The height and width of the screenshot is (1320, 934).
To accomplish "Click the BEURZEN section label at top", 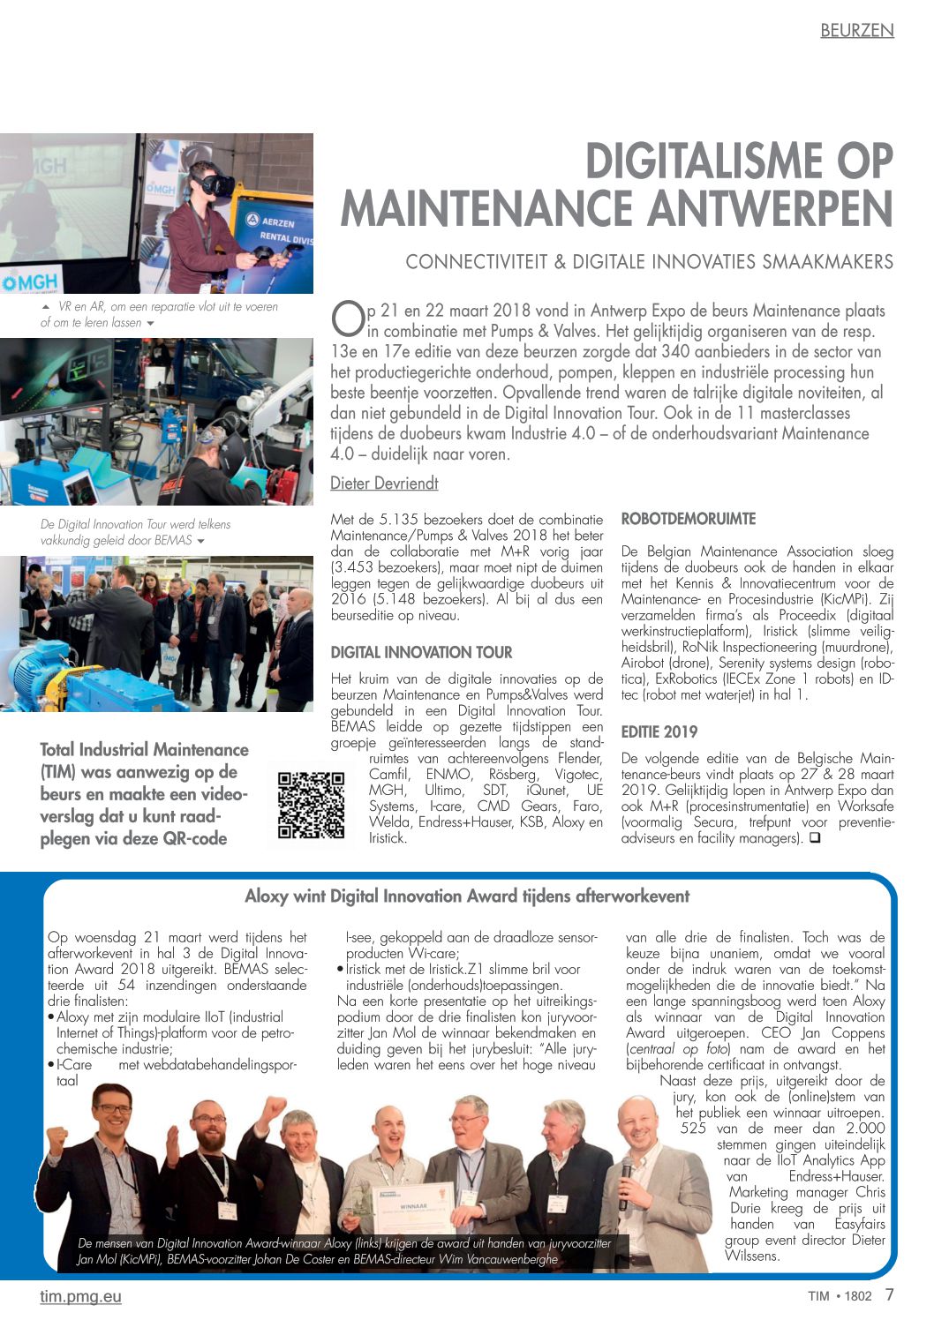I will pos(856,30).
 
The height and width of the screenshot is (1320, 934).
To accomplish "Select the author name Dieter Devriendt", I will pos(384,483).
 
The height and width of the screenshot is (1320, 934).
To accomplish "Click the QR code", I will pos(311,805).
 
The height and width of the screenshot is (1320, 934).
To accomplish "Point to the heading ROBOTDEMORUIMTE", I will pos(689,519).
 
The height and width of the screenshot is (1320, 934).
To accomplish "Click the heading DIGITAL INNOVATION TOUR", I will pos(421,652).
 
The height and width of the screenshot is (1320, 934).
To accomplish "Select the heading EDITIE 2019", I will pos(659,731).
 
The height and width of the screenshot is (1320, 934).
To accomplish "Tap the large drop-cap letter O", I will pos(347,319).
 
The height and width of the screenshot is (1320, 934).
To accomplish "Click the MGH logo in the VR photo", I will pos(30,281).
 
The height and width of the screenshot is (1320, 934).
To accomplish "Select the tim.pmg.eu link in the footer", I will pos(80,1296).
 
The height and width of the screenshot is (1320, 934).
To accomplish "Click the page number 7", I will pos(889,1294).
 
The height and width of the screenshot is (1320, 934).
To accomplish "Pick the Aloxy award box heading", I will pos(467,896).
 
